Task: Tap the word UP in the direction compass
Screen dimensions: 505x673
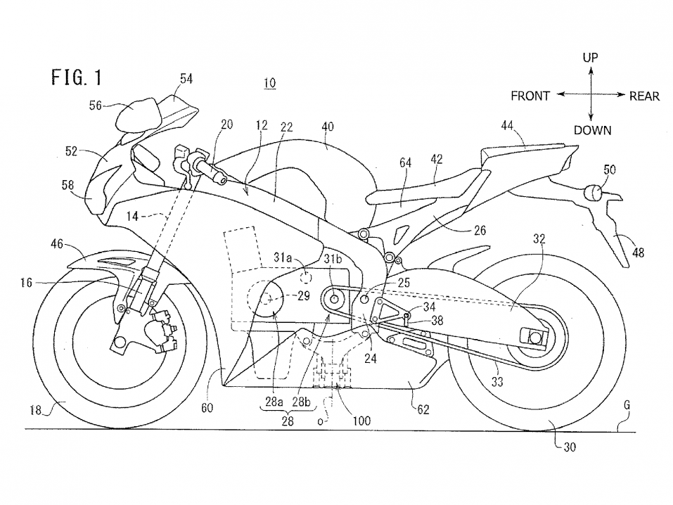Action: coord(591,58)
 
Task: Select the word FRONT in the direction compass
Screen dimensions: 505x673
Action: coord(530,96)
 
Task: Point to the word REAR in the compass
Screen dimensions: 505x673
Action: coord(644,96)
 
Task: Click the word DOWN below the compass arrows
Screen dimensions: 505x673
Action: coord(592,130)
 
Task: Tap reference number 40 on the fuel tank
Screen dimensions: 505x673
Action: coord(327,127)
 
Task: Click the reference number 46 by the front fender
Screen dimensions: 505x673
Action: coord(56,244)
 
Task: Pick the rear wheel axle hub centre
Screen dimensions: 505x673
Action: coord(534,339)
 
